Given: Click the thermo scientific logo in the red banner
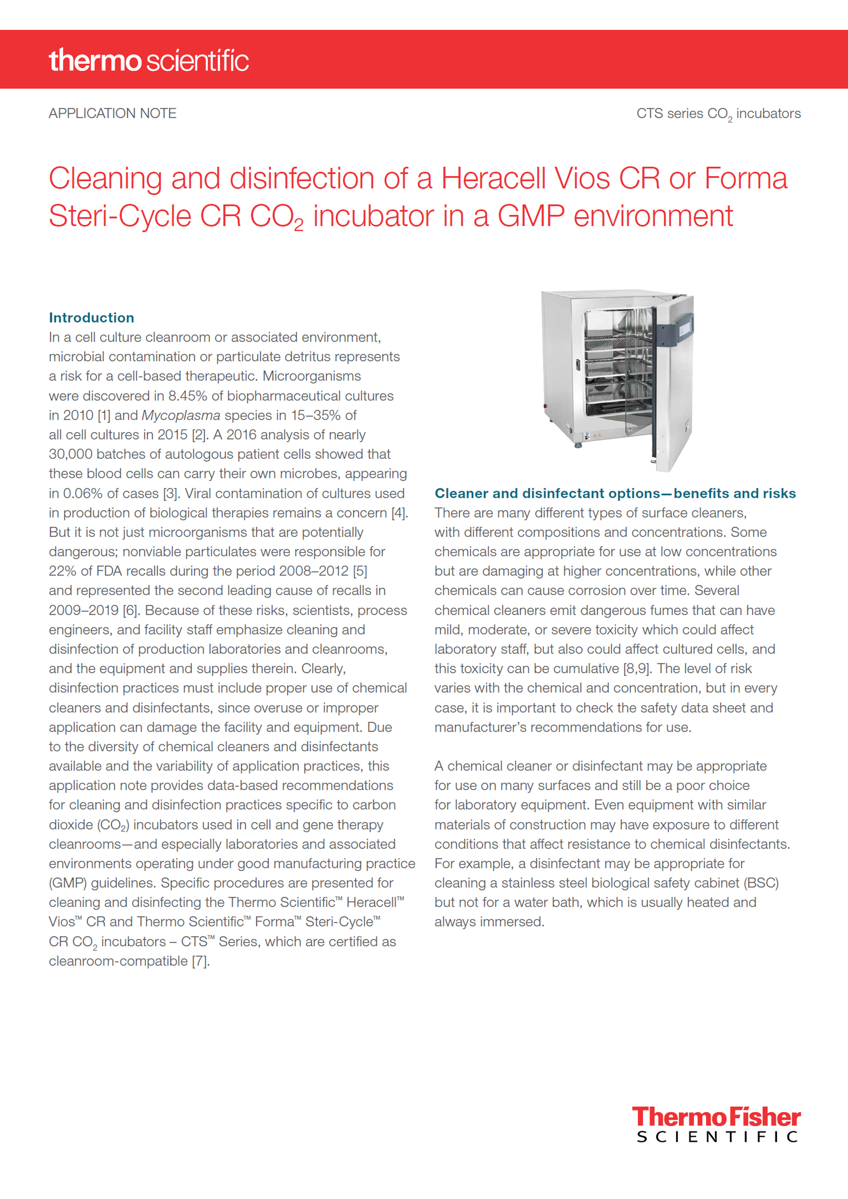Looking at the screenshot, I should [148, 60].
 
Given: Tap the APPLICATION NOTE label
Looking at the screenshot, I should [112, 113].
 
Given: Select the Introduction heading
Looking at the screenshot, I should [91, 318].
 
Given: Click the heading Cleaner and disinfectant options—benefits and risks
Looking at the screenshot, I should [615, 494].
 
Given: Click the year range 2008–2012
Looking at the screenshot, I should [314, 571].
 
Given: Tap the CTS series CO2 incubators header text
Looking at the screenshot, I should [718, 114].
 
